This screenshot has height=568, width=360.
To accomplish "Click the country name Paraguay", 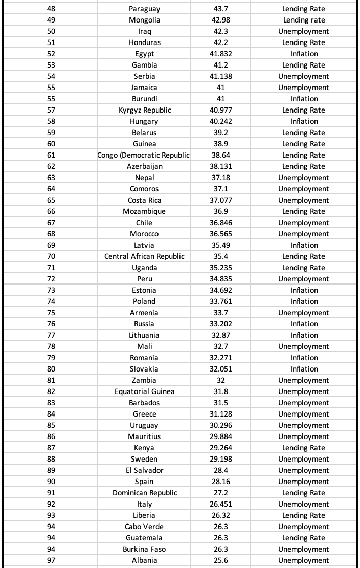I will click(144, 9).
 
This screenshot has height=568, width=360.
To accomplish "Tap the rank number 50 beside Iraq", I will click(51, 31).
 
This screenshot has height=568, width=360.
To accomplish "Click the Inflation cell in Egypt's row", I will click(304, 54).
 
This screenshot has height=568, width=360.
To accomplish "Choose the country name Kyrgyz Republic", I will click(145, 110).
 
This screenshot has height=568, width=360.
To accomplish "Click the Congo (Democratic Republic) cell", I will click(144, 155).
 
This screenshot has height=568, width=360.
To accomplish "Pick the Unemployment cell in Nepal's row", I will click(304, 178).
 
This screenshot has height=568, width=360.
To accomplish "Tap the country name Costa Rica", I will click(144, 200).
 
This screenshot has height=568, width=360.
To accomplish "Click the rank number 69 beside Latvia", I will click(51, 245).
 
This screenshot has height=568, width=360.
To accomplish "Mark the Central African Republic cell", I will click(144, 256).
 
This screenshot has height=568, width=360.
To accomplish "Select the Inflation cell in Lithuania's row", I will click(304, 335).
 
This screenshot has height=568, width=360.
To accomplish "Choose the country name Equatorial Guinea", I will click(144, 391).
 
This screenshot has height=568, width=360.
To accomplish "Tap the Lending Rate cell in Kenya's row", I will click(304, 448).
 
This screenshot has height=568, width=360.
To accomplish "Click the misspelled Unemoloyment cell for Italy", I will click(304, 504).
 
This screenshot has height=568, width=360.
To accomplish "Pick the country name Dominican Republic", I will click(145, 493).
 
